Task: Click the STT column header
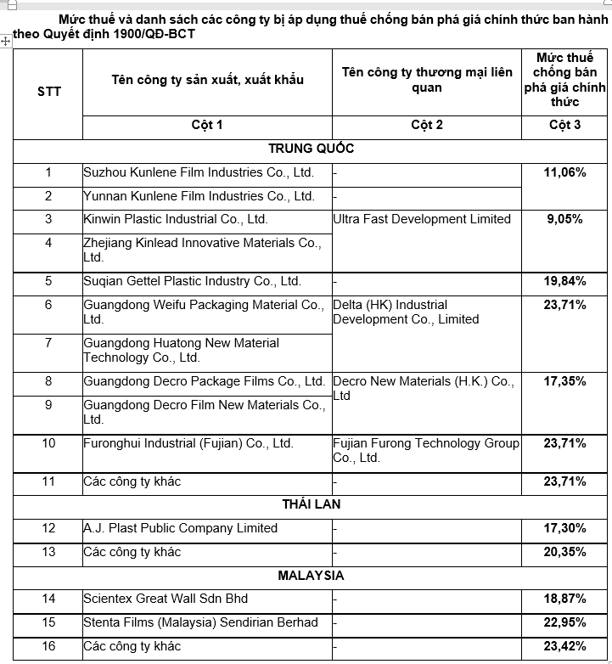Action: pyautogui.click(x=49, y=92)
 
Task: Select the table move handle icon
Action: pyautogui.click(x=6, y=41)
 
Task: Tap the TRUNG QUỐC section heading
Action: pyautogui.click(x=311, y=149)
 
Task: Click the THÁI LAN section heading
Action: pyautogui.click(x=311, y=504)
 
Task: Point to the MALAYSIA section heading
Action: pyautogui.click(x=311, y=575)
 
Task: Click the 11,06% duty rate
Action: pyautogui.click(x=564, y=172)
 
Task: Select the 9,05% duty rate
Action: pyautogui.click(x=564, y=219)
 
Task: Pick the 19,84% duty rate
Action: pyautogui.click(x=564, y=281)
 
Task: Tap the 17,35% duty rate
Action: pyautogui.click(x=564, y=381)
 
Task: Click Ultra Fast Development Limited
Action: pyautogui.click(x=422, y=219)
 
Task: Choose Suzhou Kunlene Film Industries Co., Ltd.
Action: pyautogui.click(x=199, y=172)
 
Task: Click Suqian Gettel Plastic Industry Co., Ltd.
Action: pyautogui.click(x=192, y=281)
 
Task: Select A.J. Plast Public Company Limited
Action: pyautogui.click(x=180, y=528)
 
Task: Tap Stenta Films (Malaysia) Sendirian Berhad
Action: pyautogui.click(x=200, y=622)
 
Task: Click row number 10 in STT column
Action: pyautogui.click(x=48, y=443)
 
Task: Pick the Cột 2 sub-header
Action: pyautogui.click(x=426, y=125)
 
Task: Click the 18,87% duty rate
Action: pyautogui.click(x=564, y=599)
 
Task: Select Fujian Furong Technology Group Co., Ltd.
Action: pyautogui.click(x=425, y=450)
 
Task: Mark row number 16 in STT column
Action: pyautogui.click(x=48, y=646)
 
